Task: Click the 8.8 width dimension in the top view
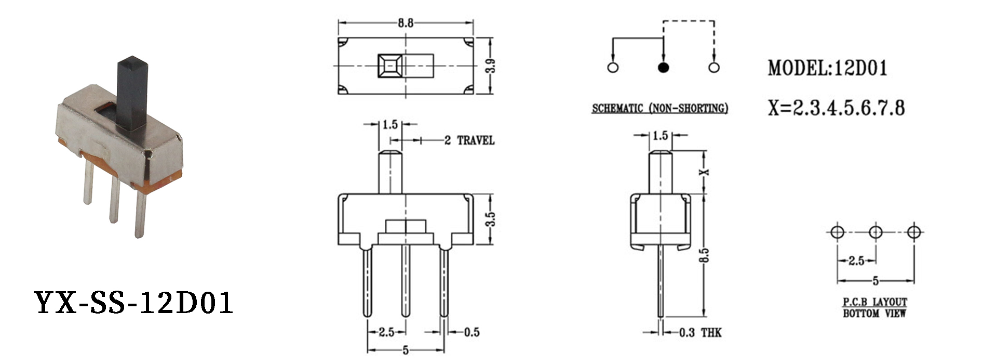pyautogui.click(x=406, y=23)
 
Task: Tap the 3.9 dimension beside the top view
pyautogui.click(x=491, y=66)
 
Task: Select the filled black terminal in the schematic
pyautogui.click(x=663, y=68)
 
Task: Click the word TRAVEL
pyautogui.click(x=476, y=140)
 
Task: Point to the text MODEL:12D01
pyautogui.click(x=828, y=68)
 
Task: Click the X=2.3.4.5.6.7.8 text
pyautogui.click(x=836, y=108)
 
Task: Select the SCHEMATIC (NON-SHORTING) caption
pyautogui.click(x=660, y=108)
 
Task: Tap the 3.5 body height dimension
pyautogui.click(x=491, y=219)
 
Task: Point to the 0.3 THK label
pyautogui.click(x=700, y=332)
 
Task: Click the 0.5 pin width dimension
pyautogui.click(x=471, y=332)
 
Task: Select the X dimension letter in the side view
pyautogui.click(x=705, y=172)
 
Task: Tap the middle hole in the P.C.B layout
pyautogui.click(x=875, y=232)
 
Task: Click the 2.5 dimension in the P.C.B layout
pyautogui.click(x=856, y=261)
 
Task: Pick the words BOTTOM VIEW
pyautogui.click(x=874, y=313)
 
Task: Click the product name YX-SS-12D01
pyautogui.click(x=133, y=303)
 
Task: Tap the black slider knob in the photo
pyautogui.click(x=132, y=93)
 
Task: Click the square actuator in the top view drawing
pyautogui.click(x=390, y=66)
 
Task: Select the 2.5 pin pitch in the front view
pyautogui.click(x=386, y=332)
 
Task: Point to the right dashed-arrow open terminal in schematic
pyautogui.click(x=714, y=68)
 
